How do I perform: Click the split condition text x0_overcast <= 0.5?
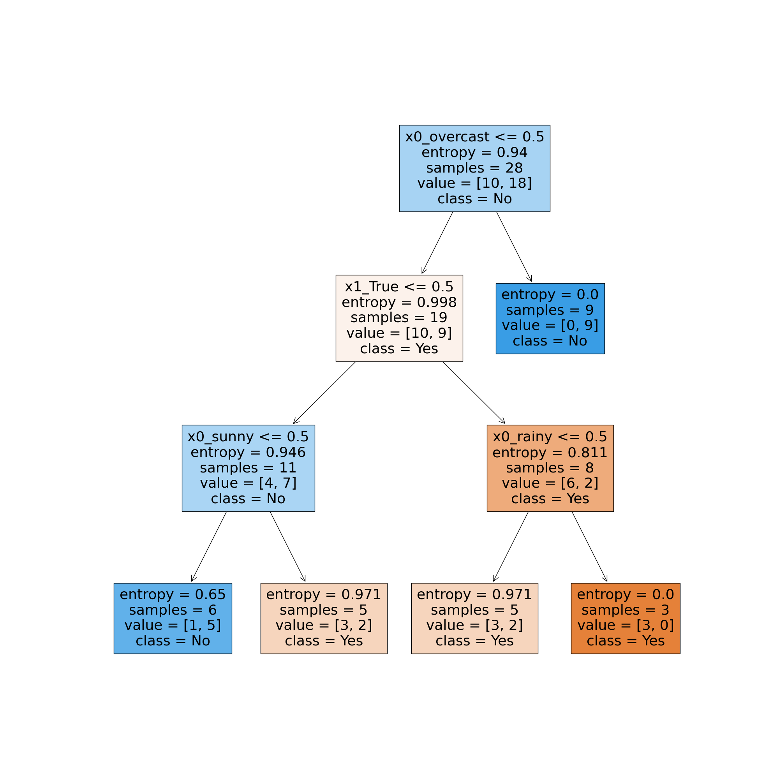coord(474,137)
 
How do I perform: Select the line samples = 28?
coord(474,168)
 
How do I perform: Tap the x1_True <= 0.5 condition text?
coord(399,287)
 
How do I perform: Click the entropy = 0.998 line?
coord(399,302)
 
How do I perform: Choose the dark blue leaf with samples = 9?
coord(550,318)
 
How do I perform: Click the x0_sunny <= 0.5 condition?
coord(248,437)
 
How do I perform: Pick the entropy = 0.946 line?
coord(248,452)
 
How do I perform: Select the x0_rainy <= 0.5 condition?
coord(550,437)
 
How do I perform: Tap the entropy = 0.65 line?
coord(173,594)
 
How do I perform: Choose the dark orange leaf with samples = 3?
coord(626,618)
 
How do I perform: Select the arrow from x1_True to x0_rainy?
coord(474,392)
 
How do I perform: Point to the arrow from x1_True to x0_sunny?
coord(324,392)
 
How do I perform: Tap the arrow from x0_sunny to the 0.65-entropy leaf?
coord(209,546)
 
